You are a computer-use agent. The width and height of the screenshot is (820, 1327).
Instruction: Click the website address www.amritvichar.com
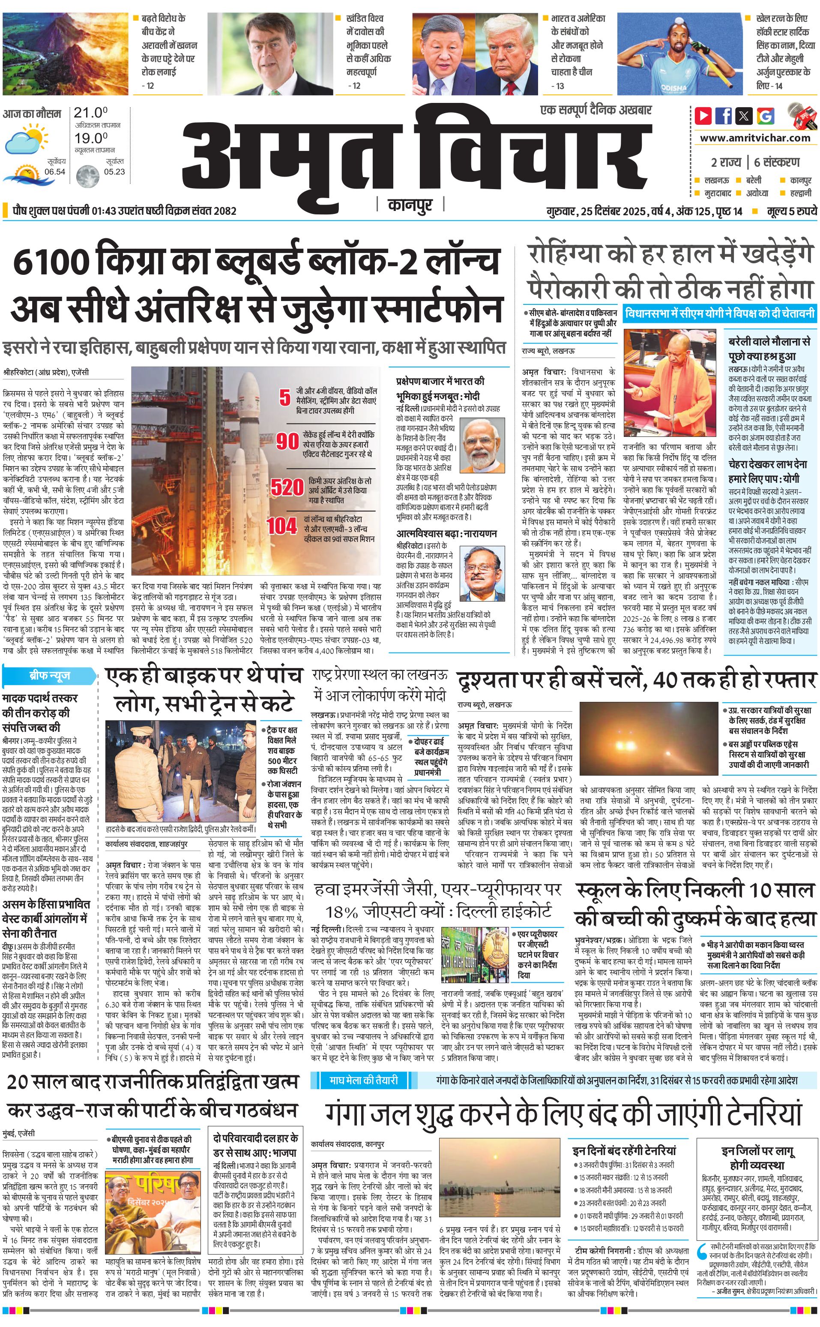(x=755, y=138)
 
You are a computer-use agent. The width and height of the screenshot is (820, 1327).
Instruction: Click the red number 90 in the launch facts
(x=287, y=441)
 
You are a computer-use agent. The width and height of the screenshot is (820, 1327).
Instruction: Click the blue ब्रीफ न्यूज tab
(x=49, y=676)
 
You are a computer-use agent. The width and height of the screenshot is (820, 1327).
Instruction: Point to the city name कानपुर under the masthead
(x=410, y=205)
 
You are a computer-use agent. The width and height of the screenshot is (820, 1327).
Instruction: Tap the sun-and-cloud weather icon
(x=25, y=139)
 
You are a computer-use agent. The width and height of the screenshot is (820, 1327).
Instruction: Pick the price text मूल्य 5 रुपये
(x=791, y=211)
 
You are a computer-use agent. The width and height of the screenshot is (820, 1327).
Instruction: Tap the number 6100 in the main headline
(x=50, y=262)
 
